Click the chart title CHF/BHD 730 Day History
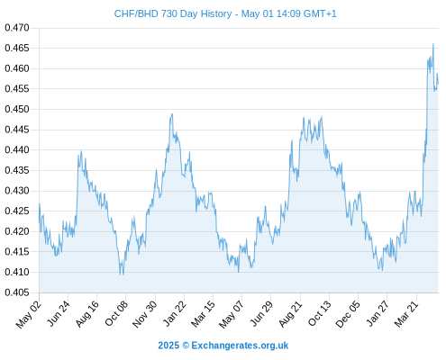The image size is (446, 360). pyautogui.click(x=173, y=13)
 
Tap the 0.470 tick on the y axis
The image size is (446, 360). pyautogui.click(x=17, y=28)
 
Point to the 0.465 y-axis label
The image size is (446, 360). pyautogui.click(x=17, y=48)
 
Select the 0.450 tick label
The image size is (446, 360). pyautogui.click(x=17, y=109)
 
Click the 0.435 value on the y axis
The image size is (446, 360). pyautogui.click(x=17, y=170)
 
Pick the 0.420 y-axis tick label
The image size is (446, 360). pyautogui.click(x=17, y=231)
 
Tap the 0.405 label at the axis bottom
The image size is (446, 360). pyautogui.click(x=17, y=292)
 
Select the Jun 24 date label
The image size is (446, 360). pyautogui.click(x=59, y=313)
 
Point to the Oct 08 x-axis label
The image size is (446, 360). pyautogui.click(x=116, y=313)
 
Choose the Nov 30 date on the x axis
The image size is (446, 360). pyautogui.click(x=145, y=314)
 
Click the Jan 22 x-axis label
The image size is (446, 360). pyautogui.click(x=174, y=313)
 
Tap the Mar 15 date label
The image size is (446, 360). pyautogui.click(x=203, y=313)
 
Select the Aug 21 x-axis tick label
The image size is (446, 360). pyautogui.click(x=290, y=313)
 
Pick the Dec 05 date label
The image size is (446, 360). pyautogui.click(x=348, y=314)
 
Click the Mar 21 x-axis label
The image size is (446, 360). pyautogui.click(x=406, y=313)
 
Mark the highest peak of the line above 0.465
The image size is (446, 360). pyautogui.click(x=433, y=44)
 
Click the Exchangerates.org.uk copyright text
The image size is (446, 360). pyautogui.click(x=240, y=346)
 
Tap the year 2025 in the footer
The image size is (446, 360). pyautogui.click(x=168, y=346)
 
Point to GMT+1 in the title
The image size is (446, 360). pyautogui.click(x=320, y=13)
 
